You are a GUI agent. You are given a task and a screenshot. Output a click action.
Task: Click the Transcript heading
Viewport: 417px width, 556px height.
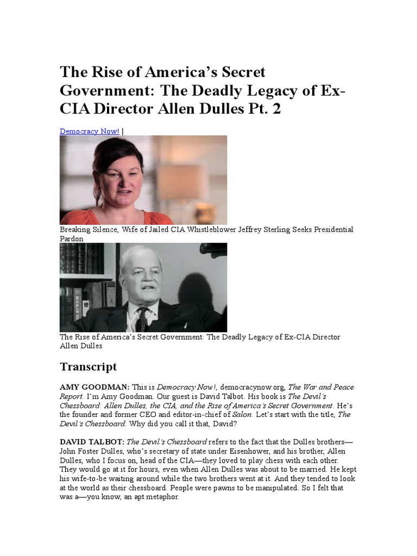tap(88, 367)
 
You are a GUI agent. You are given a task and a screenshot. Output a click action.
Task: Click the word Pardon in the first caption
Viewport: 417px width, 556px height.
tap(72, 238)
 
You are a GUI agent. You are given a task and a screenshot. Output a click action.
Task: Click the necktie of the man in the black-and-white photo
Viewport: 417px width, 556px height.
tap(142, 318)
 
